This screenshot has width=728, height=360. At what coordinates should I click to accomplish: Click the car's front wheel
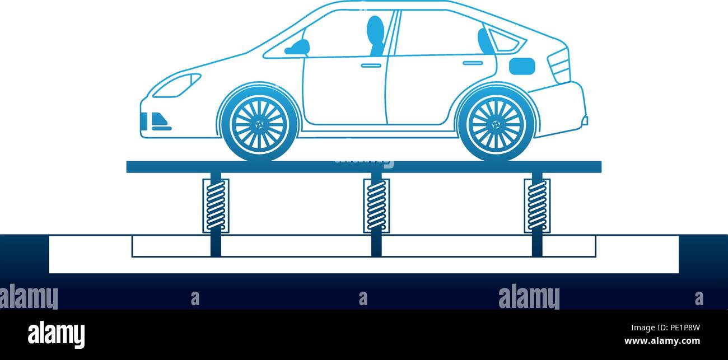pos(259,124)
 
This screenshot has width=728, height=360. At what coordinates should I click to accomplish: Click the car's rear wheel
pos(496,124)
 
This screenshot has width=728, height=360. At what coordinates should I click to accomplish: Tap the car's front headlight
pos(177,86)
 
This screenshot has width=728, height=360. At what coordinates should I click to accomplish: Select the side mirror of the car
pos(297,48)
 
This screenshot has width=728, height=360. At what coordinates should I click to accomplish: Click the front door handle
pos(371,66)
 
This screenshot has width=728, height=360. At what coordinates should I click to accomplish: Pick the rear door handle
pos(473,63)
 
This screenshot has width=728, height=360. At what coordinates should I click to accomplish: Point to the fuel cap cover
pos(521,66)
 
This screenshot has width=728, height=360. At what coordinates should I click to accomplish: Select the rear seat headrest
pos(484,41)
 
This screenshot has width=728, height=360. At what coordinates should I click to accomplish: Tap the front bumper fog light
pos(160,120)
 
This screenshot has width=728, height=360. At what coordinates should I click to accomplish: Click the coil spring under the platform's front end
pos(216,205)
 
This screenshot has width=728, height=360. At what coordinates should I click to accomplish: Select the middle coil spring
pos(376,205)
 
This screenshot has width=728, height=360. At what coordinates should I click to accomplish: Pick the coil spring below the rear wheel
pos(537,205)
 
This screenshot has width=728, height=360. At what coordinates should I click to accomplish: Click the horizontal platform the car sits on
pos(364,167)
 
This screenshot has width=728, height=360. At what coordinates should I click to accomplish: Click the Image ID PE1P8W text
pos(665,328)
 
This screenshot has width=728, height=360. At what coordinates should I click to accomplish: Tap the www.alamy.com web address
pos(662,341)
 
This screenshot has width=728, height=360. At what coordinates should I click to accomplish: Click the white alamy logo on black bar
pos(56,335)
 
